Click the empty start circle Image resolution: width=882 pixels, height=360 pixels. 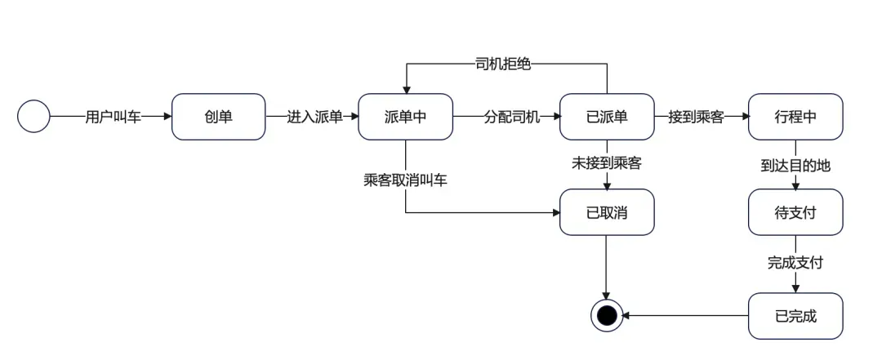pyautogui.click(x=33, y=117)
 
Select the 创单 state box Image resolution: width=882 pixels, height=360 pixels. pyautogui.click(x=218, y=117)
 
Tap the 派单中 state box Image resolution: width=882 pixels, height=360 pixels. pyautogui.click(x=405, y=117)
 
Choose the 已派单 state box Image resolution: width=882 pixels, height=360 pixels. pyautogui.click(x=607, y=117)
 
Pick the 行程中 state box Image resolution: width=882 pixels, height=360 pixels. pyautogui.click(x=795, y=117)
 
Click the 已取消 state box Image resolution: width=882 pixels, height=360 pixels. pyautogui.click(x=607, y=212)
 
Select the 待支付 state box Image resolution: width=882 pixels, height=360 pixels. pyautogui.click(x=795, y=212)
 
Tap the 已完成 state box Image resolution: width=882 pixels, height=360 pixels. pyautogui.click(x=795, y=316)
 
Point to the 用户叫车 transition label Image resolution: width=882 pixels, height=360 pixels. pyautogui.click(x=113, y=117)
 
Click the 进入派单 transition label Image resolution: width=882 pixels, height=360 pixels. pyautogui.click(x=314, y=117)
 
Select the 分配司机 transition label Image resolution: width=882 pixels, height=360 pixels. pyautogui.click(x=512, y=117)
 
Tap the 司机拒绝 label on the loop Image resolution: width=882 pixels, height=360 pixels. pyautogui.click(x=503, y=64)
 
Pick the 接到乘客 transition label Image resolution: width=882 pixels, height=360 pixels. pyautogui.click(x=696, y=117)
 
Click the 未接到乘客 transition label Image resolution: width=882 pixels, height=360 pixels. pyautogui.click(x=607, y=163)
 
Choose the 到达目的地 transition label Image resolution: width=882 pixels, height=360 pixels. pyautogui.click(x=795, y=165)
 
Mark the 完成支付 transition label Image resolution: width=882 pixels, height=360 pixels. pyautogui.click(x=795, y=263)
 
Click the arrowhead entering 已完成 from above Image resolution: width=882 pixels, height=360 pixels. pyautogui.click(x=795, y=288)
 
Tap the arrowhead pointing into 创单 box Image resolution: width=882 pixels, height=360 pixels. pyautogui.click(x=167, y=117)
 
